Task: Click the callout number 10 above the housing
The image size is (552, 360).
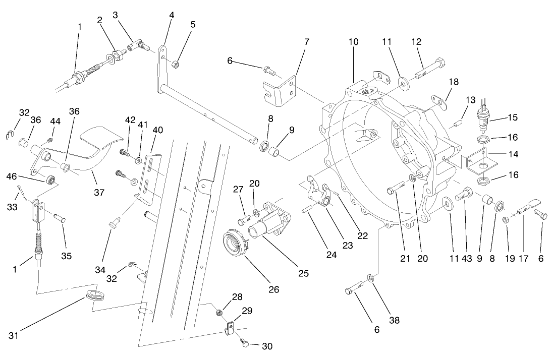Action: pyautogui.click(x=353, y=42)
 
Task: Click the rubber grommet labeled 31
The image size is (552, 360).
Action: pyautogui.click(x=93, y=295)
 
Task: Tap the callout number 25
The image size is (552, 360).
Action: pyautogui.click(x=303, y=273)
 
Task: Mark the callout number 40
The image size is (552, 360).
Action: pyautogui.click(x=157, y=130)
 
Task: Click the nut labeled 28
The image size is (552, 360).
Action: pyautogui.click(x=219, y=313)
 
